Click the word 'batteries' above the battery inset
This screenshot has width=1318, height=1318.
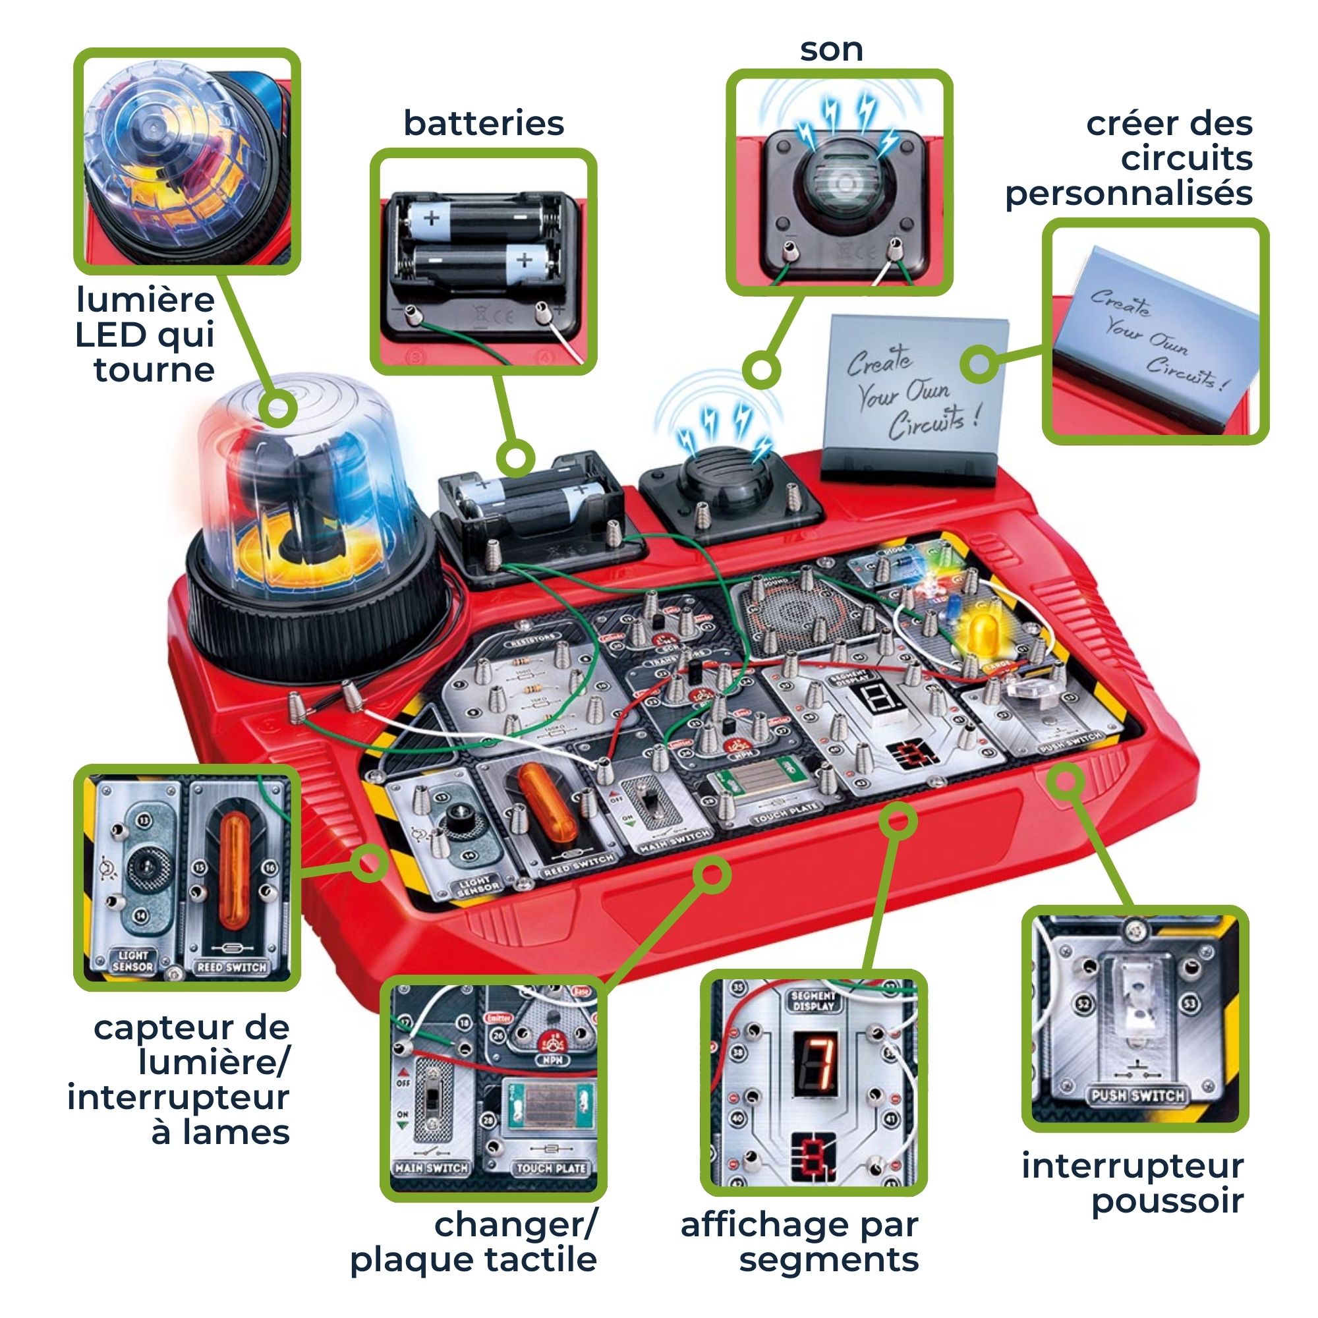point(484,123)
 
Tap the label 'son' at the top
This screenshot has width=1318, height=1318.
point(831,50)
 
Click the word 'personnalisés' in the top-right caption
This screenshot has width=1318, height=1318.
point(1128,193)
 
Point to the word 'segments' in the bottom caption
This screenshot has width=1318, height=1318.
point(829,1259)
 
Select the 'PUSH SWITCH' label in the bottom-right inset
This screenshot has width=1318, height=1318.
point(1137,1097)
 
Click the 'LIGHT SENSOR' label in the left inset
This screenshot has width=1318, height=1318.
point(133,961)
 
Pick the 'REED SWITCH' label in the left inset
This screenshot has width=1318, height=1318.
point(232,967)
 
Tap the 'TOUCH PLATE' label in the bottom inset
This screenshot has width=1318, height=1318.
point(551,1168)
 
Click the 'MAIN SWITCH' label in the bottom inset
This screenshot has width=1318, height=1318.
point(431,1168)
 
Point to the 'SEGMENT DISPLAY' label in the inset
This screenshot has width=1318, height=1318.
point(813,1001)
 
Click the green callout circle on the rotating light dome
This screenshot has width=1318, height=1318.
point(278,409)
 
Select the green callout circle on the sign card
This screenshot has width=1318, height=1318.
point(980,364)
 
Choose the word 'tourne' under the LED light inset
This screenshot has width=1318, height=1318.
point(154,370)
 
